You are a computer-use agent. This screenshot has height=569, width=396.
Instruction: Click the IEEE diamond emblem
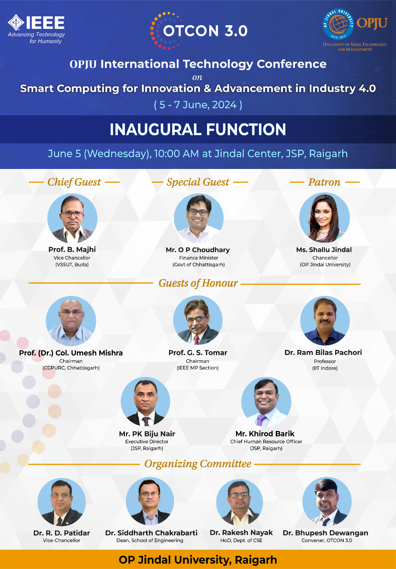pyautogui.click(x=16, y=22)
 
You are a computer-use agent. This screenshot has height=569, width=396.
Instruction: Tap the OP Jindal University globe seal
pyautogui.click(x=338, y=24)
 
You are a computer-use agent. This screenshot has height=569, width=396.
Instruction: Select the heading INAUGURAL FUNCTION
pyautogui.click(x=198, y=129)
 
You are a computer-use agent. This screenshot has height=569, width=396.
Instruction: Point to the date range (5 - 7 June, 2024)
pyautogui.click(x=198, y=105)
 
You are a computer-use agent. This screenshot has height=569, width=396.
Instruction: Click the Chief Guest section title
pyautogui.click(x=74, y=182)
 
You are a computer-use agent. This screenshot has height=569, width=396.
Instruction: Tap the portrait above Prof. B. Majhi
pyautogui.click(x=72, y=218)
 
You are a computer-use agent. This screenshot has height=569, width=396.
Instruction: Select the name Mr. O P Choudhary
pyautogui.click(x=198, y=250)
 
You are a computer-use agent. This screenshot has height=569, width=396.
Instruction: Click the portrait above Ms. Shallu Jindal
pyautogui.click(x=324, y=217)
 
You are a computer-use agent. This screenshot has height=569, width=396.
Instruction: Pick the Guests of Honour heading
pyautogui.click(x=198, y=283)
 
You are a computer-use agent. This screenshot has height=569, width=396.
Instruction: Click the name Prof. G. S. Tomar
pyautogui.click(x=198, y=352)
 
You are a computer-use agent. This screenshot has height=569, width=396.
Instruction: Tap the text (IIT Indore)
pyautogui.click(x=325, y=368)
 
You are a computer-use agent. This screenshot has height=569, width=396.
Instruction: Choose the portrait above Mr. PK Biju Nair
pyautogui.click(x=146, y=402)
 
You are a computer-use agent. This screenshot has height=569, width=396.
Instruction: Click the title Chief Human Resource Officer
pyautogui.click(x=266, y=441)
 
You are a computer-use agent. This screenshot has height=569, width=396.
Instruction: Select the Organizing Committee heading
pyautogui.click(x=198, y=464)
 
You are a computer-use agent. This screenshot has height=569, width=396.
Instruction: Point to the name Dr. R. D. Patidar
pyautogui.click(x=62, y=533)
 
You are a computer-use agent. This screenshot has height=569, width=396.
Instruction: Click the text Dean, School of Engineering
pyautogui.click(x=150, y=540)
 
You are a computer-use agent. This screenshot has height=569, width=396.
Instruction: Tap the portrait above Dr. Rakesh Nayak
pyautogui.click(x=239, y=502)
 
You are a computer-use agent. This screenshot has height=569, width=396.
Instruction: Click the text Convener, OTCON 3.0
pyautogui.click(x=327, y=540)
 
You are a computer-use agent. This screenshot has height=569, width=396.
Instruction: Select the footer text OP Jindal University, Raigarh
pyautogui.click(x=198, y=560)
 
